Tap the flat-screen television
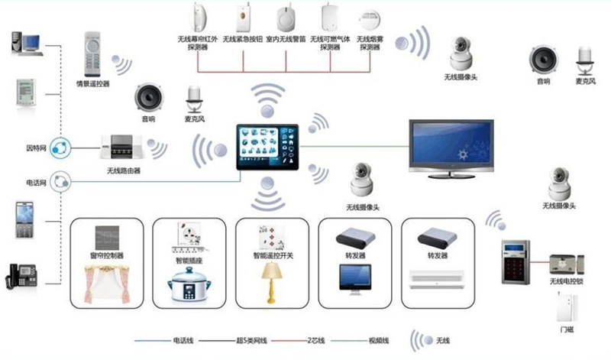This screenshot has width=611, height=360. click(x=460, y=146)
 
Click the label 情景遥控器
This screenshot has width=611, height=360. click(x=92, y=83)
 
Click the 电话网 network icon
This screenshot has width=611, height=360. click(x=63, y=183)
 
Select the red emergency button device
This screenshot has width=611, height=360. click(x=242, y=15)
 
